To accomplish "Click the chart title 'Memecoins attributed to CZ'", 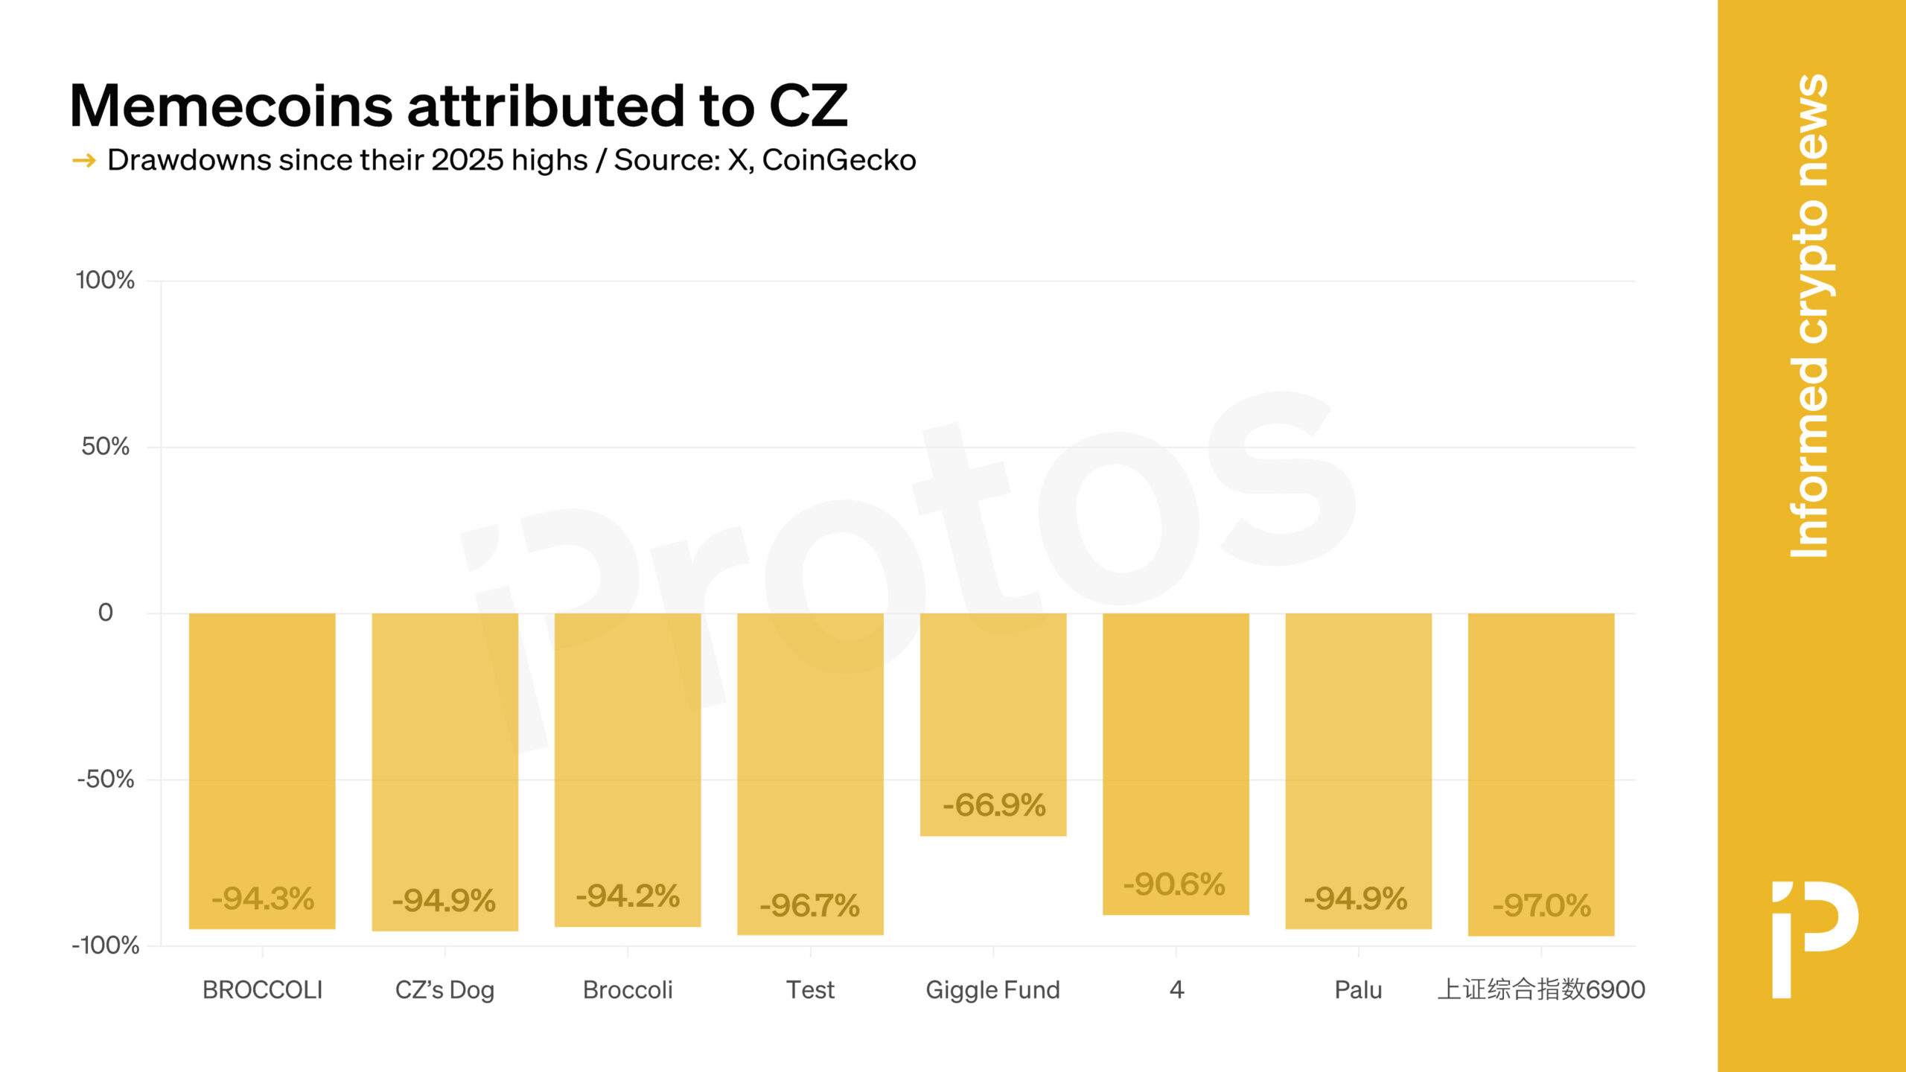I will coord(458,106).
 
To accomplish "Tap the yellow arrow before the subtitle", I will coord(83,160).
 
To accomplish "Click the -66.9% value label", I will coord(994,805).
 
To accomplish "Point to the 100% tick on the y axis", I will coord(105,281).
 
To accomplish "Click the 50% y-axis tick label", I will coord(105,447).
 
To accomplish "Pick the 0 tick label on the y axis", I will coord(106,613).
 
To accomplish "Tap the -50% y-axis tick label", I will coord(105,779).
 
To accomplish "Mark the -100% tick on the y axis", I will coord(105,945).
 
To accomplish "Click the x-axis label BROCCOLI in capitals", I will coord(262,990).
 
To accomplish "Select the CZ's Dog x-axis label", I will coord(444,990).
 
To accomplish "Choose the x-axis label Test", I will coord(810,990).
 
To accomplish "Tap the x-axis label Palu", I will coord(1358,990).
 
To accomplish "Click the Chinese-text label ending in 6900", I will coord(1540,990).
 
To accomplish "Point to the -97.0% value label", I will coord(1541,906).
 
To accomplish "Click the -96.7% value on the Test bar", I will coord(809,906).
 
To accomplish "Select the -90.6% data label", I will coord(1174,884).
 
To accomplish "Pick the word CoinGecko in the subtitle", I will coord(838,160).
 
